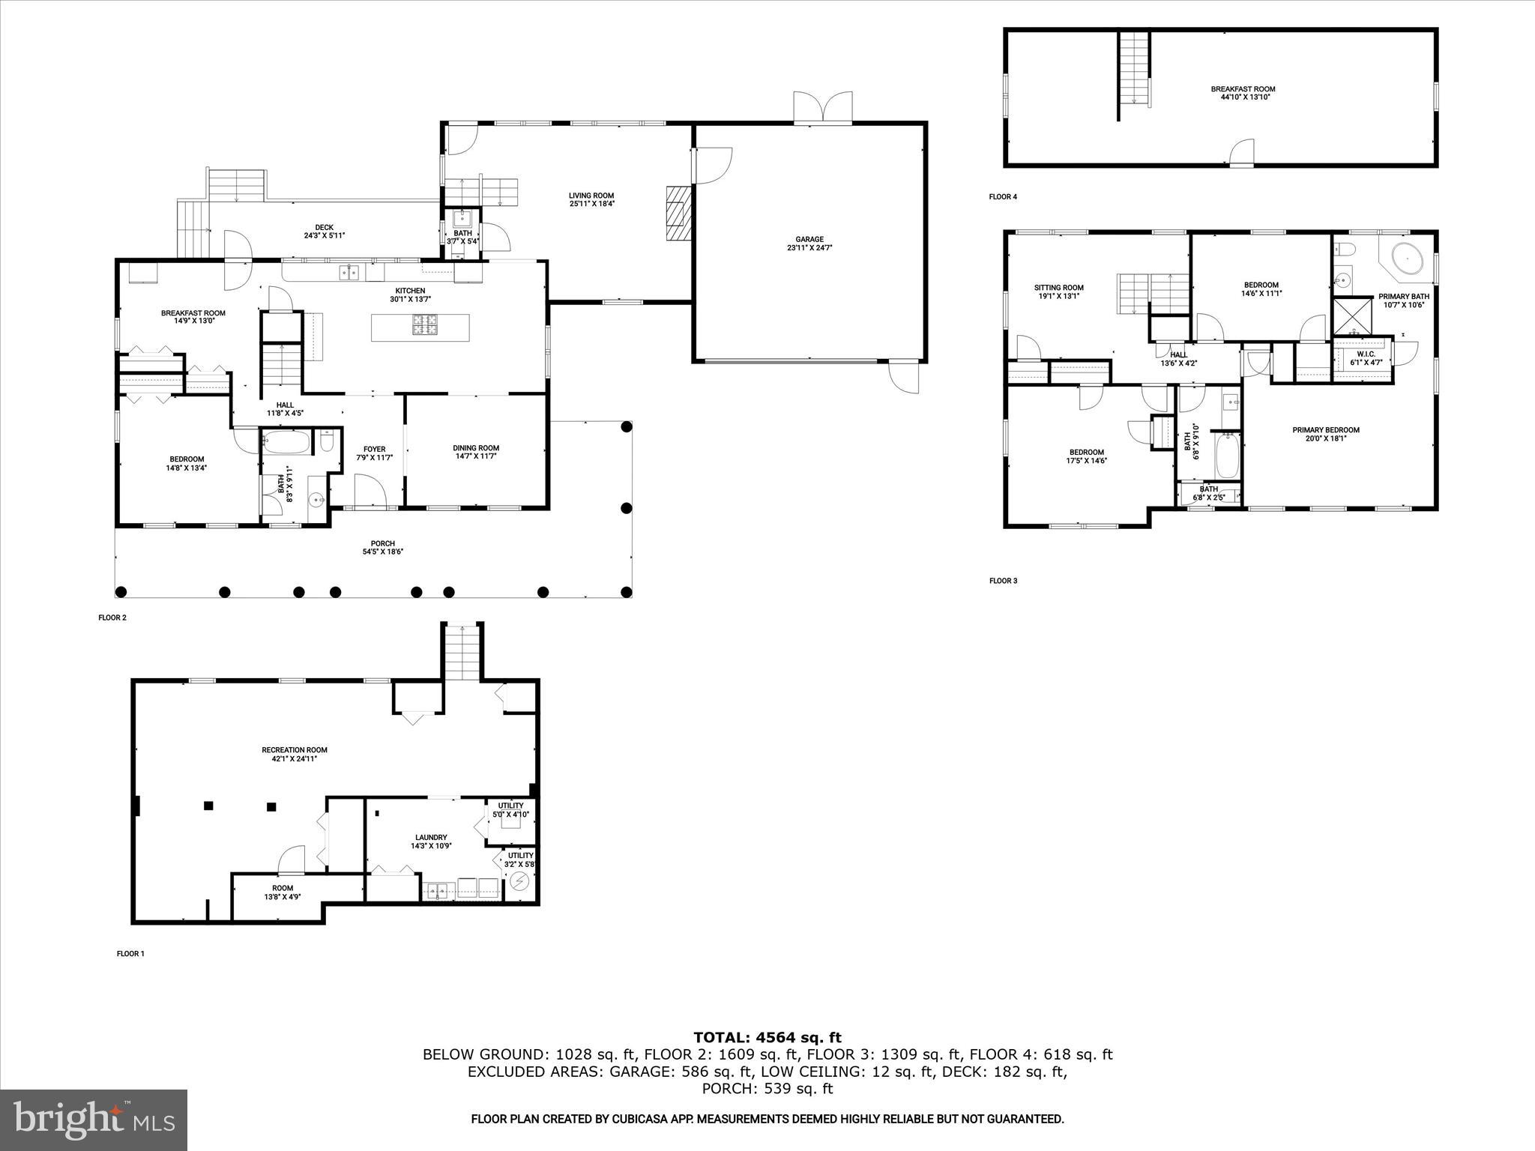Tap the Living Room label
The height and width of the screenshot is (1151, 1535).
[x=591, y=196]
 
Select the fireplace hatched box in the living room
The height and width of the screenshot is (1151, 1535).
[x=677, y=214]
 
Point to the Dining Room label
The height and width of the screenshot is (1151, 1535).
[x=476, y=448]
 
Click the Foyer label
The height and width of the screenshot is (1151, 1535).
[x=374, y=450]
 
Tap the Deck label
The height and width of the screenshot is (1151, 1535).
[x=324, y=228]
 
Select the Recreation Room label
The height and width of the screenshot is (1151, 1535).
[x=295, y=749]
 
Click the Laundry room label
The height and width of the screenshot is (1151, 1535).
[x=431, y=838]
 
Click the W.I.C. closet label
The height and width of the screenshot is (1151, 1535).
[x=1366, y=354]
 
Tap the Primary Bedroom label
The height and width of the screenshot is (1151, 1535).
[x=1325, y=430]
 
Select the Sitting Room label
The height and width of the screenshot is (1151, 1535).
[x=1058, y=288]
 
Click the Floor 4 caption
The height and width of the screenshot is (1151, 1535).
[x=1003, y=197]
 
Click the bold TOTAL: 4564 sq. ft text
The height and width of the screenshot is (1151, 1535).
[x=767, y=1037]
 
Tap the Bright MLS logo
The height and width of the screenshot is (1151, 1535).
[x=94, y=1120]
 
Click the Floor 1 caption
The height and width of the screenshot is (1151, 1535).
[x=130, y=954]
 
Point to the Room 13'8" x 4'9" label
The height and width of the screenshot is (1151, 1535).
[x=283, y=888]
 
